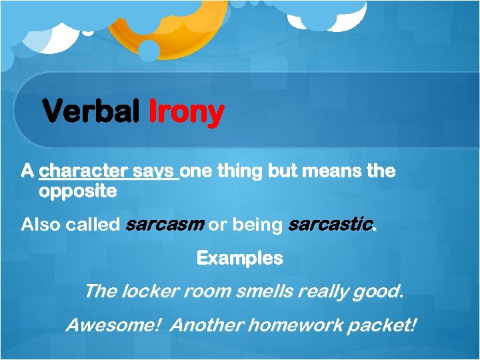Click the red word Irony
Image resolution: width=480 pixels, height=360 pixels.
pos(185,112)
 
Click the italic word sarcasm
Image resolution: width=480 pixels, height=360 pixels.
pos(165,225)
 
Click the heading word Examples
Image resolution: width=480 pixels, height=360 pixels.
pos(239,258)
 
